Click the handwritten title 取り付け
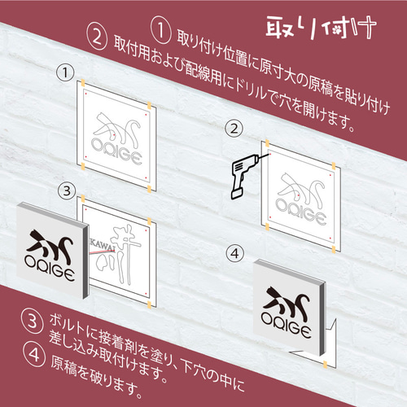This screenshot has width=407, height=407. (x=321, y=26)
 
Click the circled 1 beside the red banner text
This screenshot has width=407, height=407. (x=161, y=30)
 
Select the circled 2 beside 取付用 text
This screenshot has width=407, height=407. (x=97, y=37)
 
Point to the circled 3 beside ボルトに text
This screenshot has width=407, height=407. (x=33, y=321)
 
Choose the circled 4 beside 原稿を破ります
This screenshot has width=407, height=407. (x=34, y=354)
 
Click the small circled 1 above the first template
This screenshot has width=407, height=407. (x=65, y=72)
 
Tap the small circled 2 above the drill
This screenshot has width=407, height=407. (x=234, y=129)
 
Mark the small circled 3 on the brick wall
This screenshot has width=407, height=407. (x=67, y=190)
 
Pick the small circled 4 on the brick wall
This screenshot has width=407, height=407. (x=235, y=253)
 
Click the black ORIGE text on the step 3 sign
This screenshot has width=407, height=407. (x=49, y=268)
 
